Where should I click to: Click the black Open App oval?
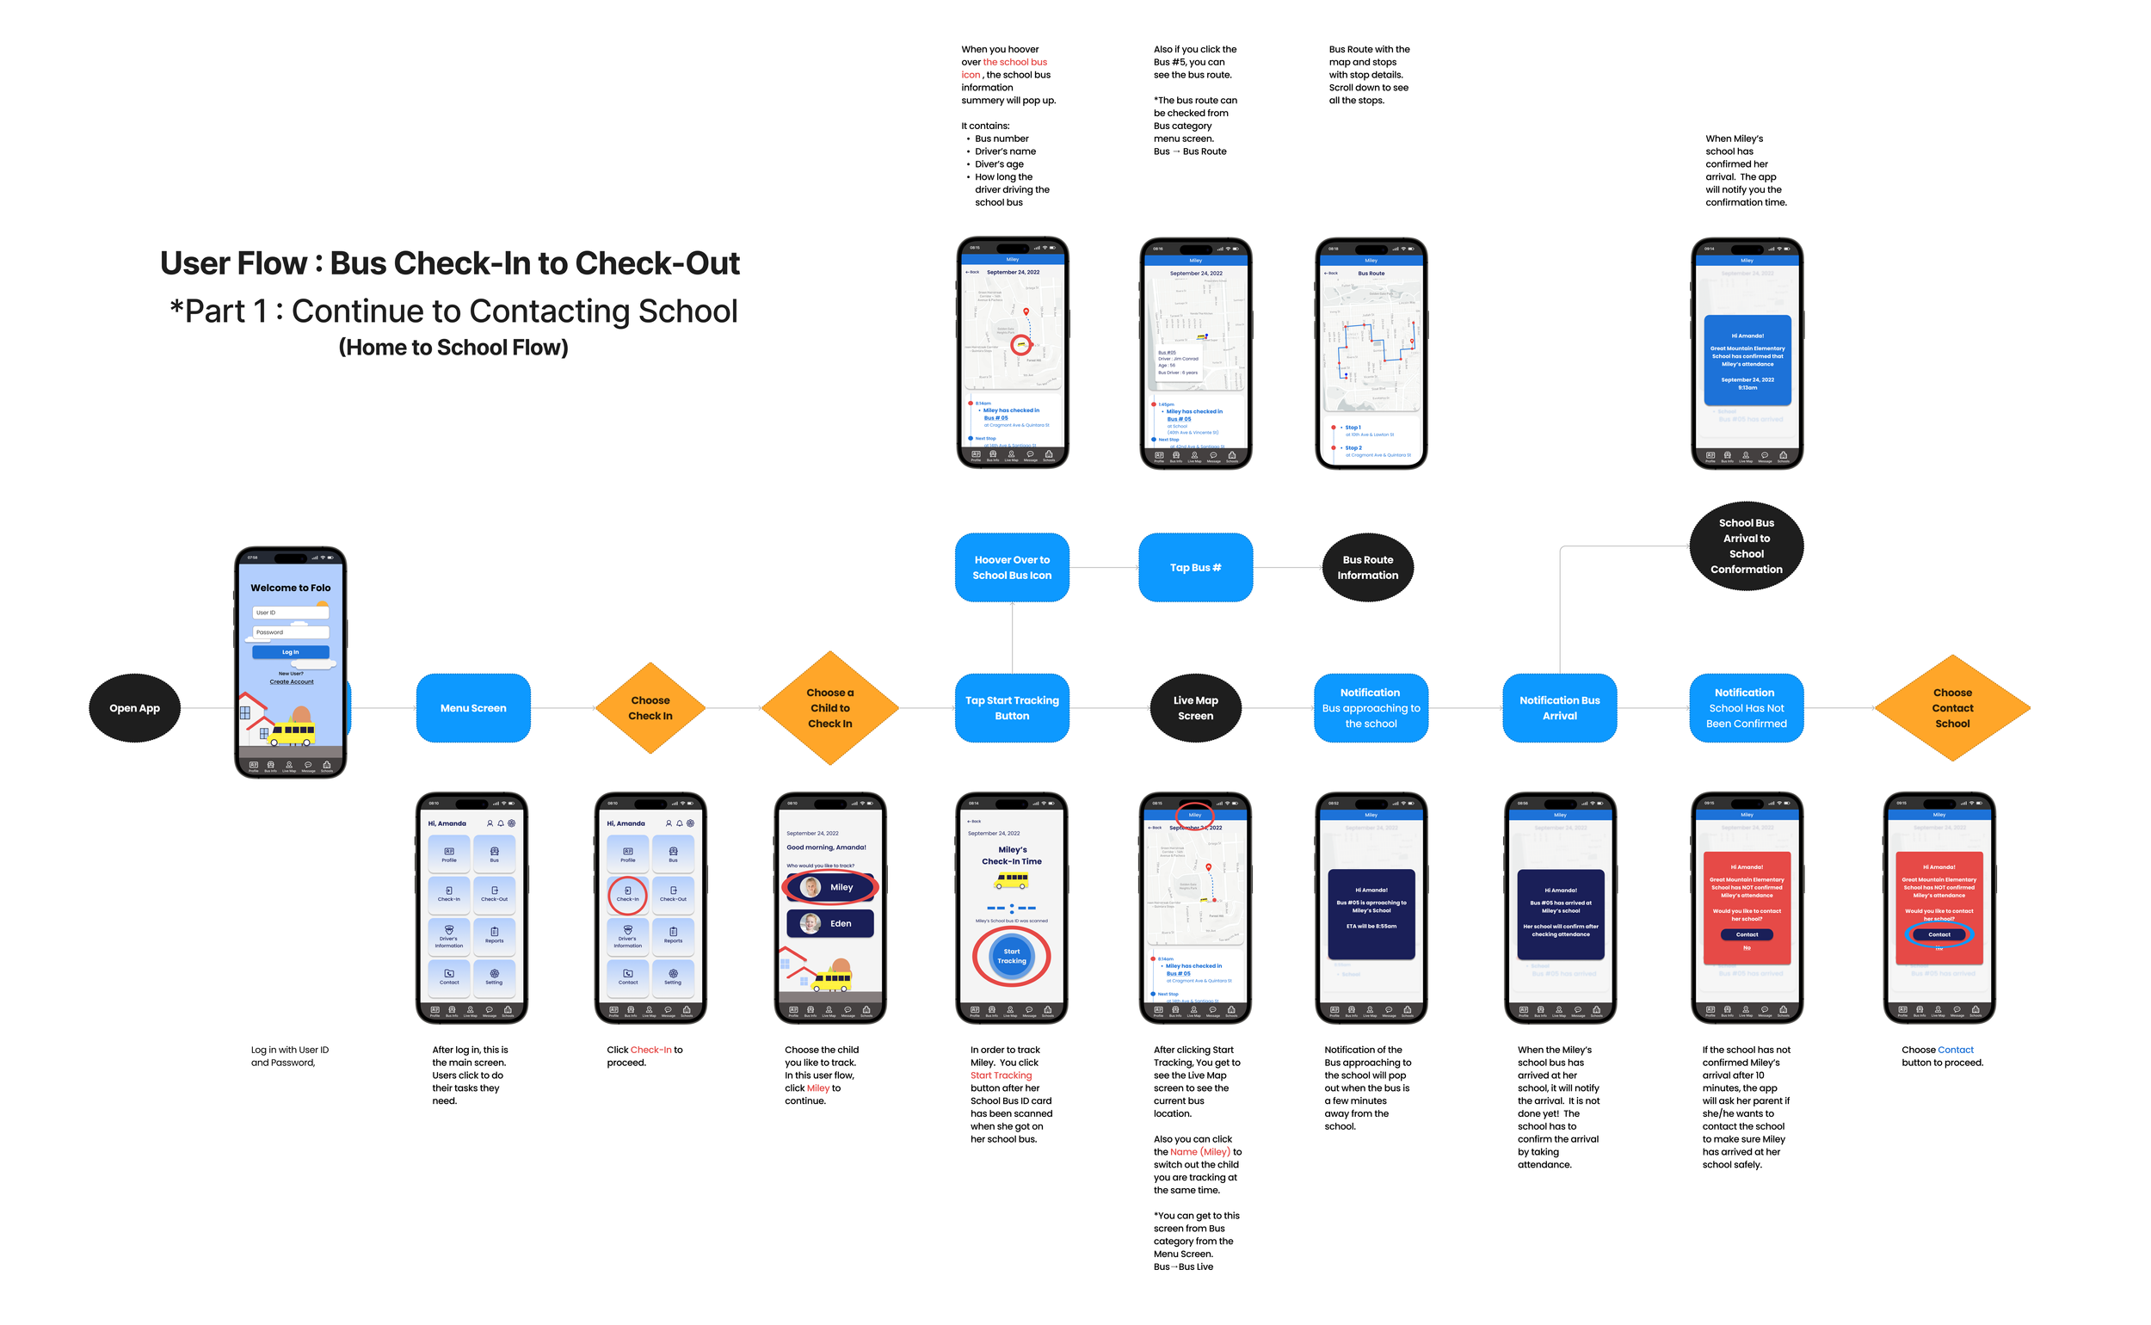coord(134,708)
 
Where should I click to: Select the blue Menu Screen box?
coord(473,708)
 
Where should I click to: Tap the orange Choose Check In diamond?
coord(650,708)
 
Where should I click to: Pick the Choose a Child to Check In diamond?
coord(829,708)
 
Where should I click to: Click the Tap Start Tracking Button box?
coord(1012,708)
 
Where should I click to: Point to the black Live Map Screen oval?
coord(1195,708)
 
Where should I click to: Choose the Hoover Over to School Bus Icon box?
coord(1012,568)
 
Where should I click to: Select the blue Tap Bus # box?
coord(1195,568)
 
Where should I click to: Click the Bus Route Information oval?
coord(1367,568)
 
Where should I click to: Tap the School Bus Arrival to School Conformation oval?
coord(1746,546)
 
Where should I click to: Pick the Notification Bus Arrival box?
coord(1560,708)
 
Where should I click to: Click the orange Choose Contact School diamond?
coord(1952,708)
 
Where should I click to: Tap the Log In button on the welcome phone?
coord(290,652)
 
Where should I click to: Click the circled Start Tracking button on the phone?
coord(1011,956)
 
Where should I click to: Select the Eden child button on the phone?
coord(829,924)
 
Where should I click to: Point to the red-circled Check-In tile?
coord(627,894)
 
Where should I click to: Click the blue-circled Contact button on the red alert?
coord(1939,934)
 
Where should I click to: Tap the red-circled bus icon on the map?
coord(1020,344)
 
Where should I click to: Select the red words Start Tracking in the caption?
coord(1001,1075)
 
